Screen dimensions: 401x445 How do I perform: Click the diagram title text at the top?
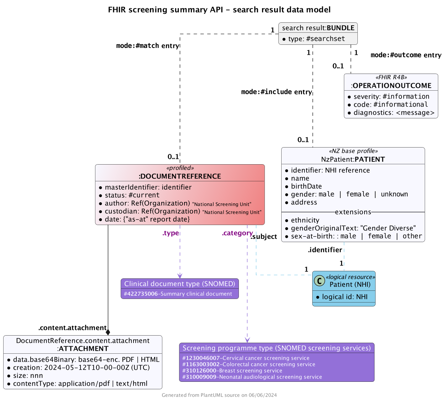click(219, 10)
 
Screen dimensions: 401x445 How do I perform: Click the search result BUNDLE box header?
click(318, 28)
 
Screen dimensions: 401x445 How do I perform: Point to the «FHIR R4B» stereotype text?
click(391, 77)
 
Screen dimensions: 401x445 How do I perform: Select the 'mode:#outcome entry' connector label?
click(406, 55)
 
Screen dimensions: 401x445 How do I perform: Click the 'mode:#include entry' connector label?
click(276, 92)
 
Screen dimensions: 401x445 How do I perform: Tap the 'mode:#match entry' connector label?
click(147, 46)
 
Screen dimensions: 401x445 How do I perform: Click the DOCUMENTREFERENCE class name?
click(180, 176)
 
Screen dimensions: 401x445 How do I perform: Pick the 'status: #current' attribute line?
click(132, 195)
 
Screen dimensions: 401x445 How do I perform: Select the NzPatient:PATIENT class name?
click(353, 159)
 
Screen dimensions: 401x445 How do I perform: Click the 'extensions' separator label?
click(353, 212)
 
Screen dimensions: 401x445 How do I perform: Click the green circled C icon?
click(320, 281)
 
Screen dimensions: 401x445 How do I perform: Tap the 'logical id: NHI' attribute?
click(344, 297)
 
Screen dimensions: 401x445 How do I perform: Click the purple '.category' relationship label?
click(237, 233)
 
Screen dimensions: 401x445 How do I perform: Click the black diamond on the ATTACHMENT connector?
click(108, 332)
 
